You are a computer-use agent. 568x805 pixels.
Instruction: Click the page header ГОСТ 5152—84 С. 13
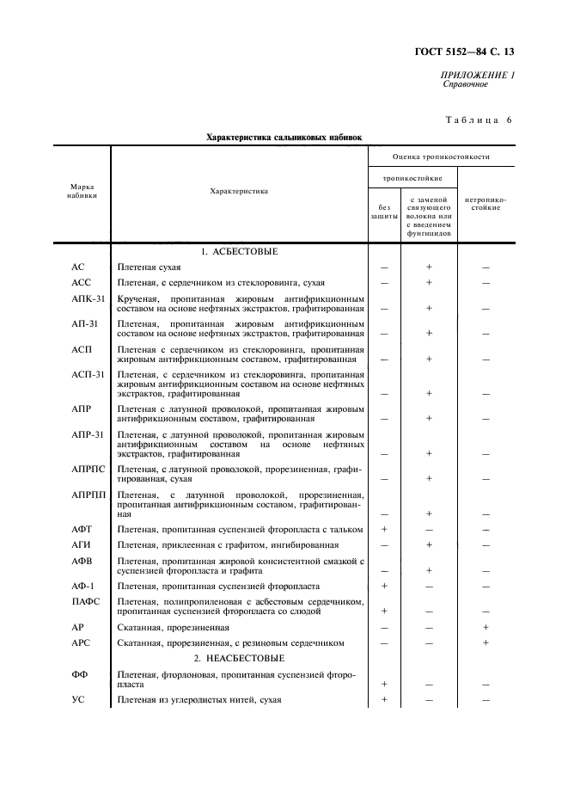click(x=470, y=52)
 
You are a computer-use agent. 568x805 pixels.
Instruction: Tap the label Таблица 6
click(x=479, y=120)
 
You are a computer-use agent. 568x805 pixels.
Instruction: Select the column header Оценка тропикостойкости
click(x=441, y=157)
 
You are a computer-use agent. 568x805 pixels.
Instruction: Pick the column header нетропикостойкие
click(x=486, y=204)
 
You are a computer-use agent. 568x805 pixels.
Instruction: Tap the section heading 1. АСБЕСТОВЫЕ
click(x=240, y=251)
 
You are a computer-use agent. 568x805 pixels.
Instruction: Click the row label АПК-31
click(x=88, y=298)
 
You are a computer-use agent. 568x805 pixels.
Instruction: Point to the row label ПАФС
click(x=84, y=599)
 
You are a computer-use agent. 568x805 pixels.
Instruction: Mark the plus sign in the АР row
click(x=486, y=628)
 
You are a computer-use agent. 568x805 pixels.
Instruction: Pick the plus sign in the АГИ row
click(x=429, y=544)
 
